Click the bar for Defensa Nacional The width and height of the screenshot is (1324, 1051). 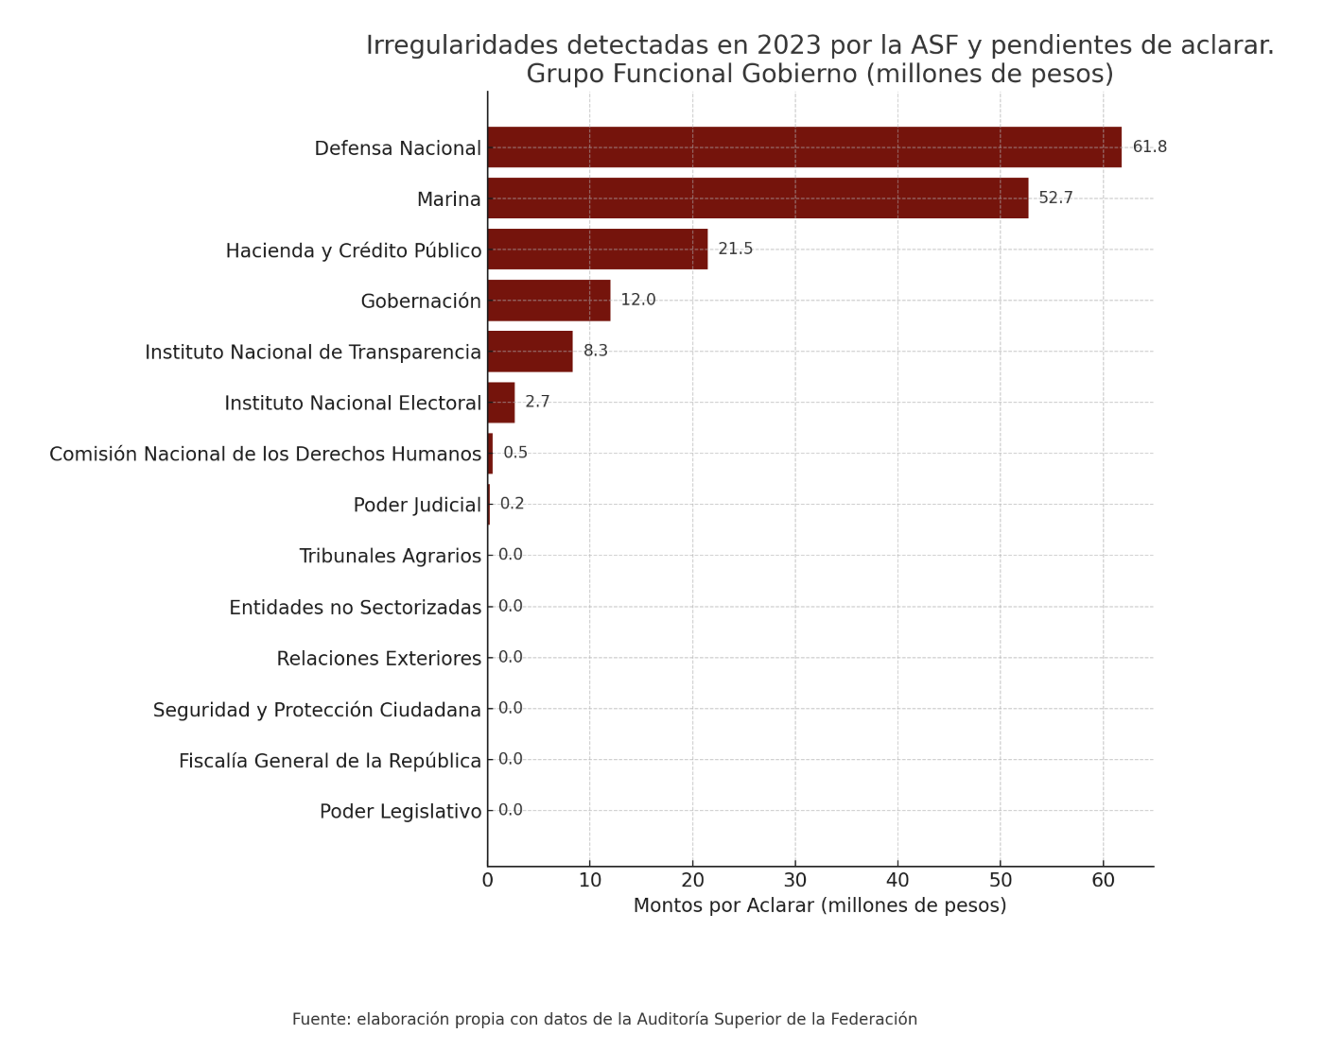804,147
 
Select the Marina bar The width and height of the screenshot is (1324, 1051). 758,198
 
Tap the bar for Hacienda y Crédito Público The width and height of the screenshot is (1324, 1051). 598,250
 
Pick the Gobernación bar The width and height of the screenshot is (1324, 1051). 549,301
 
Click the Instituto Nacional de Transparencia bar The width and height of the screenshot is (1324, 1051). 530,352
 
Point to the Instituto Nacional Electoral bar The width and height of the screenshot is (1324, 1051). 501,403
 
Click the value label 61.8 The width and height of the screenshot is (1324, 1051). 1149,147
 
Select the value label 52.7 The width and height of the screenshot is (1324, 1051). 1055,198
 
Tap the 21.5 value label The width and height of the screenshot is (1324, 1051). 735,250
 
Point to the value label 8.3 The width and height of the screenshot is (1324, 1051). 596,352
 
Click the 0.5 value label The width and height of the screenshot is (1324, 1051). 515,454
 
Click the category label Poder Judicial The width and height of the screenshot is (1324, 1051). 417,506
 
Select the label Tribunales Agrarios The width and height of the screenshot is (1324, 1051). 390,556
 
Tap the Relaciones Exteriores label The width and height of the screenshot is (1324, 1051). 379,659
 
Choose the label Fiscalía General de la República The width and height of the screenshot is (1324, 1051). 330,762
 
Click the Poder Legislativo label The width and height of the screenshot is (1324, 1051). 401,812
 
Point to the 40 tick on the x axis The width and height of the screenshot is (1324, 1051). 897,881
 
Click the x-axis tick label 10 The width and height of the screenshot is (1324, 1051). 590,881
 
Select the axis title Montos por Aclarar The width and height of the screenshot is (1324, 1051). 820,905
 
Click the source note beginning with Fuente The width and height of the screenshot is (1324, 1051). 604,1020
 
